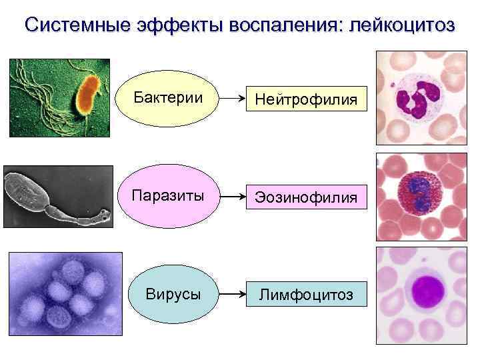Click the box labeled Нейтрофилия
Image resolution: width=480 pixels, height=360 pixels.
[x=303, y=99]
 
